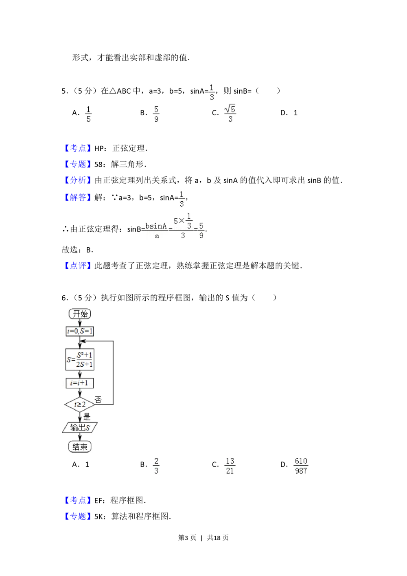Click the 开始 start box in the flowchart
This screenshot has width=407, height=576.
(x=80, y=314)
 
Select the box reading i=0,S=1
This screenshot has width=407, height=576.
(x=80, y=331)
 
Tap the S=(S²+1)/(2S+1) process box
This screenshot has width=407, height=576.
(x=80, y=359)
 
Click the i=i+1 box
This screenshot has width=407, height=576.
(x=80, y=383)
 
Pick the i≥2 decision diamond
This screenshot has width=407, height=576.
(x=80, y=405)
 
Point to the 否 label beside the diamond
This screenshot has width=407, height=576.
(x=98, y=400)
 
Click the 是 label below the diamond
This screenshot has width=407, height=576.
(x=87, y=417)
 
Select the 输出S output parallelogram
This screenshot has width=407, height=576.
(x=80, y=428)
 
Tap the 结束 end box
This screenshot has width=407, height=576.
(x=80, y=446)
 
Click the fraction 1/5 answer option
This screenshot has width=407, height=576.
(x=89, y=114)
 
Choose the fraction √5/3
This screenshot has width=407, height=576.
(x=230, y=113)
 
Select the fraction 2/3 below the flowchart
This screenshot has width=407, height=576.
(x=156, y=466)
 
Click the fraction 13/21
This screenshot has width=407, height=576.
(x=230, y=466)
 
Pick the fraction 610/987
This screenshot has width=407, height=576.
(x=301, y=466)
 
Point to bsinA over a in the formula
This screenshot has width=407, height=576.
(x=156, y=231)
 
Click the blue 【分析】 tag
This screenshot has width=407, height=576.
(x=78, y=180)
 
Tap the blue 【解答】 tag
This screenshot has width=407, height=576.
(x=78, y=197)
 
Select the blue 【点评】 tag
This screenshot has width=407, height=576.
(x=78, y=266)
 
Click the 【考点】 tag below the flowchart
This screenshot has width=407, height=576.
(x=78, y=500)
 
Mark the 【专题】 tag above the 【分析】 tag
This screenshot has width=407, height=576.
(x=78, y=164)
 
